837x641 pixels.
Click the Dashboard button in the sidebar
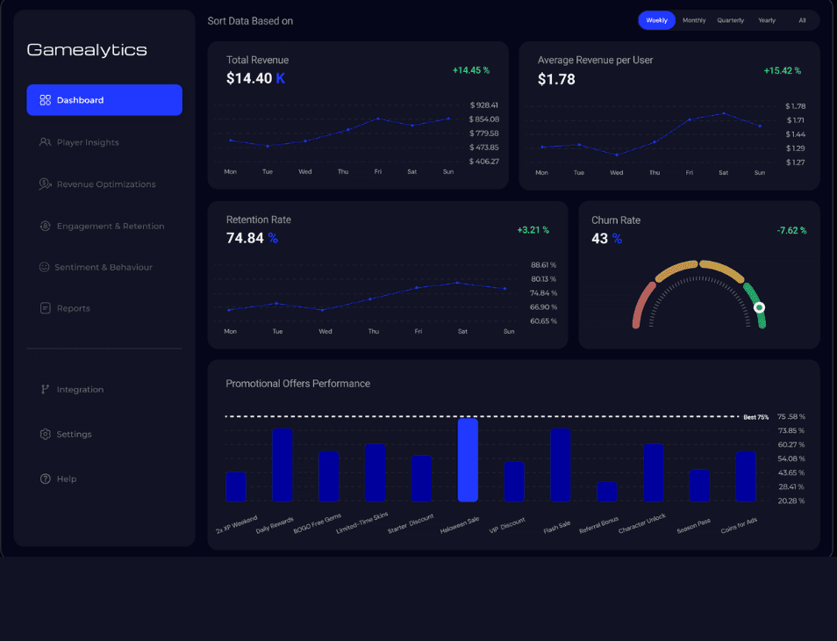(104, 100)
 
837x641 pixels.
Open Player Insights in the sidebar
(79, 142)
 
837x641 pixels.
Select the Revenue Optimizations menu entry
(97, 184)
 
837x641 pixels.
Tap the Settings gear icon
(46, 435)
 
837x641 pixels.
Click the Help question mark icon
(46, 479)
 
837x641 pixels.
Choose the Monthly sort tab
(694, 20)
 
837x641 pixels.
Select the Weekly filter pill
(656, 20)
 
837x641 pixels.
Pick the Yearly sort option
(767, 20)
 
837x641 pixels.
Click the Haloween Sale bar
(468, 460)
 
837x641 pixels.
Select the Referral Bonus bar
(606, 492)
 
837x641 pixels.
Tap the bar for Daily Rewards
(283, 465)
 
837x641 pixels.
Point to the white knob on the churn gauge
(759, 307)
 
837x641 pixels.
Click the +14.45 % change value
(471, 70)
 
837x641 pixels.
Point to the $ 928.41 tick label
(484, 105)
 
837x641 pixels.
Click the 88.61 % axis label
(543, 265)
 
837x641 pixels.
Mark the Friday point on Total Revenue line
(378, 119)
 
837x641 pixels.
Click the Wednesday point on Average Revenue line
(617, 155)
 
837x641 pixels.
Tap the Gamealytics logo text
(87, 50)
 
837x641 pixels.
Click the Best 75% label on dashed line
(756, 417)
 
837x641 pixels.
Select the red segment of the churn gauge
(642, 304)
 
